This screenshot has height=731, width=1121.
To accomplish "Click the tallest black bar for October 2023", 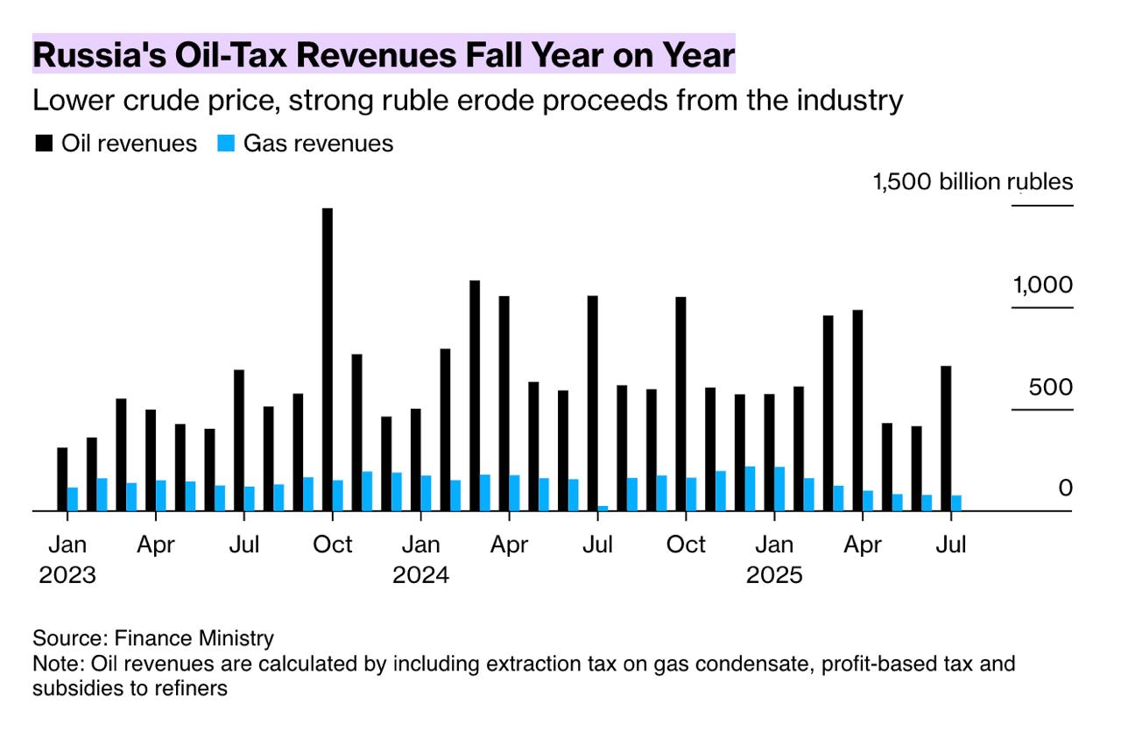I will click(x=328, y=359).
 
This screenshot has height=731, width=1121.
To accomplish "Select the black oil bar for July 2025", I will click(x=946, y=438).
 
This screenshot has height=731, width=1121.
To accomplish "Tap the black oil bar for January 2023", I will click(x=62, y=479).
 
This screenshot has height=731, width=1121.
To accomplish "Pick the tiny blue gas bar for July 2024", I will click(x=603, y=508).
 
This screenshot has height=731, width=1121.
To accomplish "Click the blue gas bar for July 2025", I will click(x=956, y=503).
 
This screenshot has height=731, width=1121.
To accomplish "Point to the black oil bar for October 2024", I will click(x=680, y=404).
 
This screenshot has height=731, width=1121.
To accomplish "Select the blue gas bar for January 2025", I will click(x=779, y=489).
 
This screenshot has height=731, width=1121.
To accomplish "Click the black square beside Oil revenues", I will click(x=43, y=144).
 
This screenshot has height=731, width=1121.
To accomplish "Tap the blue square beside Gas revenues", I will click(x=225, y=144).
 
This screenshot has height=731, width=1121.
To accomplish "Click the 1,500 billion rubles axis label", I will click(x=972, y=182).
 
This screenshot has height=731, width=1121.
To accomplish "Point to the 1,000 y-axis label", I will click(x=1042, y=285).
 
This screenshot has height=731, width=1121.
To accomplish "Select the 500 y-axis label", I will click(x=1050, y=388).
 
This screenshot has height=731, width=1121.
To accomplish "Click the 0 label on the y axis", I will click(x=1065, y=488).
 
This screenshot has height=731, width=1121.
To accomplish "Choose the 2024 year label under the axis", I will click(x=420, y=575).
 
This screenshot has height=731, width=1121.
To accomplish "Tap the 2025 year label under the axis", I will click(x=774, y=575).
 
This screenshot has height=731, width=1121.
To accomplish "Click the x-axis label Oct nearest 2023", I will click(x=333, y=545).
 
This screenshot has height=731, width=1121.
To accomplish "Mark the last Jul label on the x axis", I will click(x=951, y=545).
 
